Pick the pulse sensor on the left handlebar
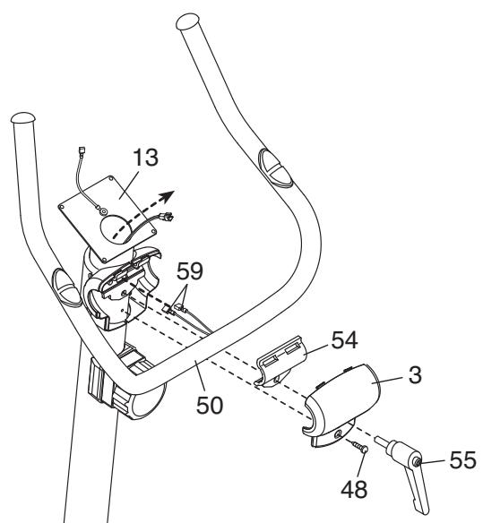(x=65, y=279)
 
